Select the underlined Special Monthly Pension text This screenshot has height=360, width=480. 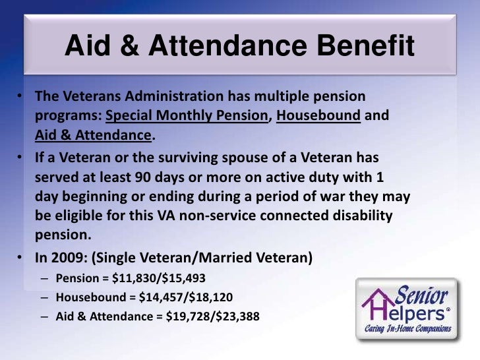pos(187,116)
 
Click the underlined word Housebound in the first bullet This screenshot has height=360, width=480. pos(318,116)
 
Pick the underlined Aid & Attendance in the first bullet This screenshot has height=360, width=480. pos(93,136)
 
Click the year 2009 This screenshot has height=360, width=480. pos(66,257)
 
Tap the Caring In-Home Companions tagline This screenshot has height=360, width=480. pos(409,328)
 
